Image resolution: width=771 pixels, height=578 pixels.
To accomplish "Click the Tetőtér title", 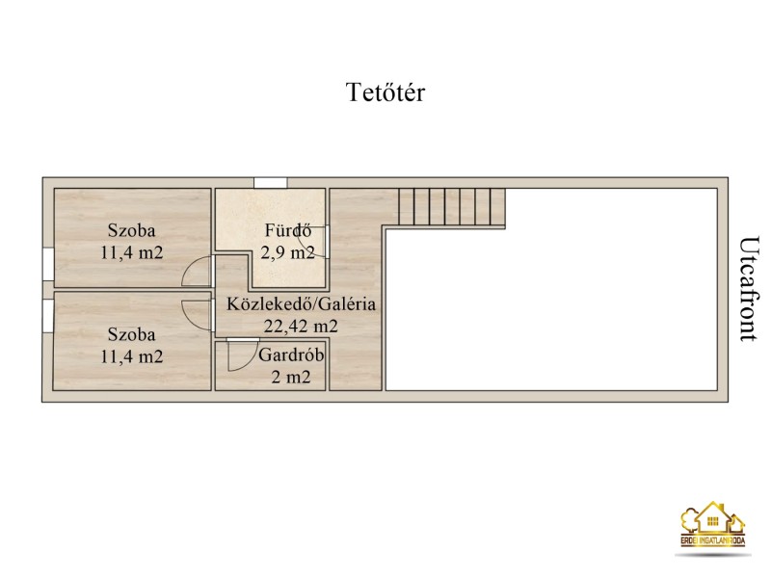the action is pos(385,92).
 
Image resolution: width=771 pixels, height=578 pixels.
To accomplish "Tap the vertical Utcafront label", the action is pos(750,289).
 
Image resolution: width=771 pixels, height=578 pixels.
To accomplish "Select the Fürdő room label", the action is pos(288,230).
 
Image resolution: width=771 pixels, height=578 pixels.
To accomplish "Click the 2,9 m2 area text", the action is pos(287,252).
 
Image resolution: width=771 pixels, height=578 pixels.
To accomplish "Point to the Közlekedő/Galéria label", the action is pos(301,303).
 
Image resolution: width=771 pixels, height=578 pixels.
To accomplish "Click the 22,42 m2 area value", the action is pos(301,326).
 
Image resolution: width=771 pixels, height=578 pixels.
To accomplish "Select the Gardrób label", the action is pos(291,355).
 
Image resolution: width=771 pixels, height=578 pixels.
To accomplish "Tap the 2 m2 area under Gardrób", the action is pos(291,378).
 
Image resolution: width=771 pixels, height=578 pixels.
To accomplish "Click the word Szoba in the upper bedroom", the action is pos(132,230).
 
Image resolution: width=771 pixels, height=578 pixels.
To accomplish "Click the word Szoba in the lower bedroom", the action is pos(132,334).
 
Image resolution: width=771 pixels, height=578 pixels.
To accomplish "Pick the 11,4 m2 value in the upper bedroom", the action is pos(132,252).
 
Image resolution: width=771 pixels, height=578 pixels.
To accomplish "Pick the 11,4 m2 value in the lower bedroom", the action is pos(132,356).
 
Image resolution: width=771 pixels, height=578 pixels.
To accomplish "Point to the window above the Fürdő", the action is pos(271,183).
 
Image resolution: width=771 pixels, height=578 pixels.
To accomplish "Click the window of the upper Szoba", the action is pos(47,264).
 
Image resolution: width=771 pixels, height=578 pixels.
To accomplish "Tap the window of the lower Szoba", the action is pos(47,316).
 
